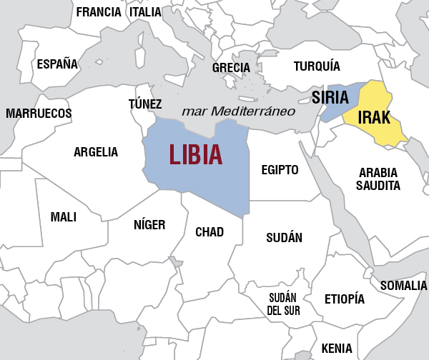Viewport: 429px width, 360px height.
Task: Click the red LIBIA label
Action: click(x=195, y=154)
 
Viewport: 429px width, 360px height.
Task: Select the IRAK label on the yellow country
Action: click(x=375, y=118)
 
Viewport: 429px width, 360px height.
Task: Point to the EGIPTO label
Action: click(x=280, y=170)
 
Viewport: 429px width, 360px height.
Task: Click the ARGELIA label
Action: click(x=96, y=152)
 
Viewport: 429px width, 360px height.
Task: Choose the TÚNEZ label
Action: click(x=145, y=104)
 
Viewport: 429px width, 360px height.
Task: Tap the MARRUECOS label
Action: click(x=39, y=114)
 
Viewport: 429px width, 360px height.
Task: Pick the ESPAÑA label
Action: click(x=57, y=64)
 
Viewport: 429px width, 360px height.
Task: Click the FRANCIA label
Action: click(x=99, y=11)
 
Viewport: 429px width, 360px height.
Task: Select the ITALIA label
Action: click(x=145, y=11)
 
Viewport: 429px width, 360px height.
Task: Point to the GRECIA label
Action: click(x=231, y=68)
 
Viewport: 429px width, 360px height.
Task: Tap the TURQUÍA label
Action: click(x=317, y=66)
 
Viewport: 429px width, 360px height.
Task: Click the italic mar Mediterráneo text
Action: click(x=239, y=111)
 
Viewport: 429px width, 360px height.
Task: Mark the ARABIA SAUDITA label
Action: click(x=379, y=179)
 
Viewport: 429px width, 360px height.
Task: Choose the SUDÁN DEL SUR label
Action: click(x=284, y=304)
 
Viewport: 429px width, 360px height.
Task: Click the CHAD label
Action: click(x=209, y=232)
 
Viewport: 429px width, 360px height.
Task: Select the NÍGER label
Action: click(x=149, y=225)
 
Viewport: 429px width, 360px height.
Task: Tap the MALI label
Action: click(x=64, y=217)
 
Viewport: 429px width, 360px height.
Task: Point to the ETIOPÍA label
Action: click(x=345, y=299)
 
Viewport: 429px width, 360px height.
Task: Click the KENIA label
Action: click(x=337, y=348)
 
